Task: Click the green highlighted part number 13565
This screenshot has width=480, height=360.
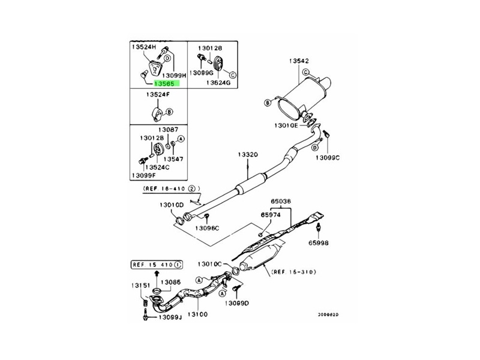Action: pos(167,85)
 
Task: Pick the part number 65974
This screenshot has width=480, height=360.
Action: pos(271,214)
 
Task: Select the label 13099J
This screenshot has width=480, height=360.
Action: pos(170,318)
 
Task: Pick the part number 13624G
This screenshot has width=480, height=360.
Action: pos(218,82)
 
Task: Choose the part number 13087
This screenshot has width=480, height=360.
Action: pos(168,130)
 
